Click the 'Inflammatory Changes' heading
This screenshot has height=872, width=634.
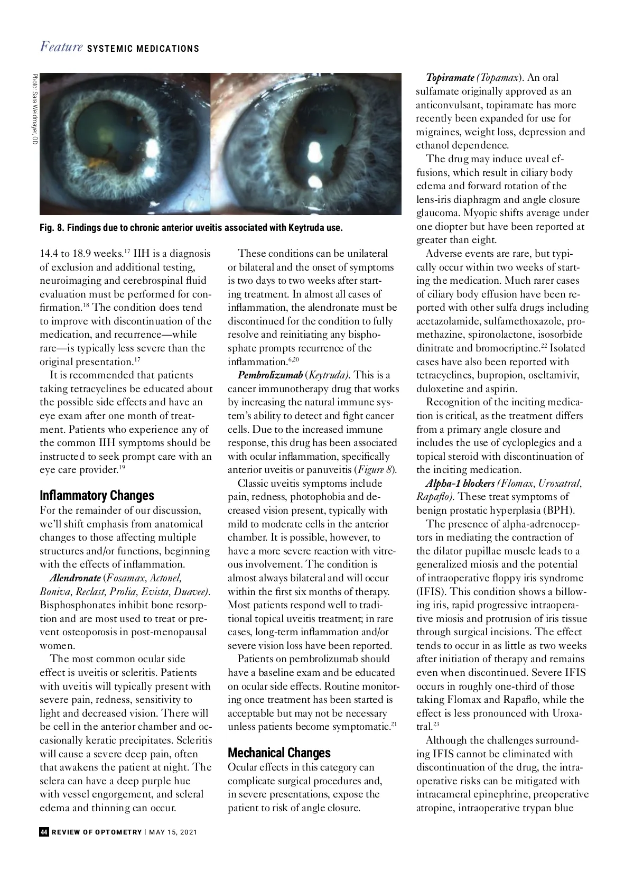(97, 496)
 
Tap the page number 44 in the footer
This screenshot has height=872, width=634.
(44, 832)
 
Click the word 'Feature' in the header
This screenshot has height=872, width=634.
(61, 47)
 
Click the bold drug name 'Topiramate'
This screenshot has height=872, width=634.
(450, 78)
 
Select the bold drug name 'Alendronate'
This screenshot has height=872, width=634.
(75, 578)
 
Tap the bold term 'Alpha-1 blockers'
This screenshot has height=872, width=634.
(460, 484)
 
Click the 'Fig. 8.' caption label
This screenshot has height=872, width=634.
(52, 228)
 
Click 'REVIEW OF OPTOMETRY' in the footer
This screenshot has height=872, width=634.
(97, 832)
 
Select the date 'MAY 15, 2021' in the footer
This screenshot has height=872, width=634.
(173, 832)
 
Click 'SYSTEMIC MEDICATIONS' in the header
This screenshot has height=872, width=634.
(143, 49)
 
